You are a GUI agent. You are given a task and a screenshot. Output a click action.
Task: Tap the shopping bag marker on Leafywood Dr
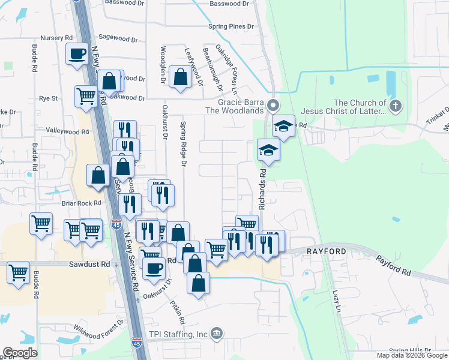tap(180, 77)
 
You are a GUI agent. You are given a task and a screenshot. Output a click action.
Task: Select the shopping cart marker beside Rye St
tap(86, 95)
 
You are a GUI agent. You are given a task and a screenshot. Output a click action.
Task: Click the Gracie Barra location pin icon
tap(274, 106)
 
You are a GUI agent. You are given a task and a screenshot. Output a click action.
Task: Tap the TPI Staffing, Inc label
tap(178, 334)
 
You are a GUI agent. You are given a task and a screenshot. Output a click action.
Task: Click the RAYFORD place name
tap(327, 251)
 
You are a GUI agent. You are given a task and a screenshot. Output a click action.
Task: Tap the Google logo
tap(20, 353)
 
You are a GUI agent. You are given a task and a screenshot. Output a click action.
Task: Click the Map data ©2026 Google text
tap(411, 355)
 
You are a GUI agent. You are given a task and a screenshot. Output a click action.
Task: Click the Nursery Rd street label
tap(56, 38)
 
